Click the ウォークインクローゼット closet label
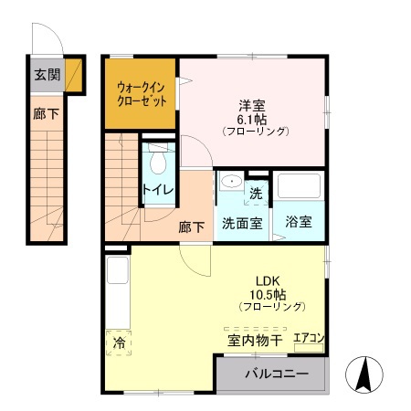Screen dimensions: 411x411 (142, 94)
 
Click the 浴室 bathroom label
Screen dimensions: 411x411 (299, 222)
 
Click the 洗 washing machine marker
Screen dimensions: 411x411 (257, 193)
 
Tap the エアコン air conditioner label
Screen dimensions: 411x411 (309, 339)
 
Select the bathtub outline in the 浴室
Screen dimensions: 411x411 (300, 187)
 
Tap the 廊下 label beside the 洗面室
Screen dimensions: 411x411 (192, 226)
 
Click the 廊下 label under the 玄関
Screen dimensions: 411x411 (44, 116)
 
